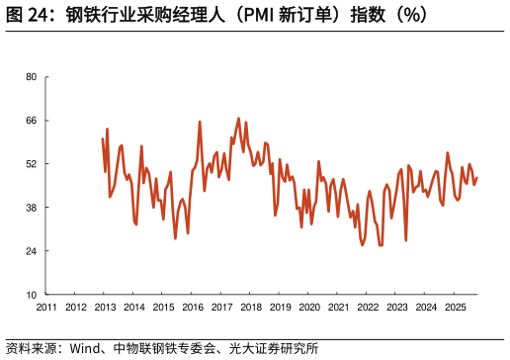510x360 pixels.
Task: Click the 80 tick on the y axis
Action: click(x=31, y=77)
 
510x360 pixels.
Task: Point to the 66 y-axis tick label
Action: click(x=31, y=121)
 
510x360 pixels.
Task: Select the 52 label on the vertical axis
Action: click(x=31, y=164)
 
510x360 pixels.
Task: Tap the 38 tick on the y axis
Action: click(x=31, y=208)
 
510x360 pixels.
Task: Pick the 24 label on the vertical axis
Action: click(x=31, y=251)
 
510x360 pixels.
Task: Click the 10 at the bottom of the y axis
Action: click(x=31, y=295)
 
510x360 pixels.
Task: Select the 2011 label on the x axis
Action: click(x=46, y=307)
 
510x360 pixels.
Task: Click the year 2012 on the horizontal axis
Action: click(x=75, y=307)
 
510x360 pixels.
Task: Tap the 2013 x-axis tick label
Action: click(x=105, y=307)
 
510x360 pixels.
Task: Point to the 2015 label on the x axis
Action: click(x=163, y=307)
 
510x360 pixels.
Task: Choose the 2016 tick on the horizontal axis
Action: click(x=192, y=307)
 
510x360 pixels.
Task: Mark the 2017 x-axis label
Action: click(x=221, y=307)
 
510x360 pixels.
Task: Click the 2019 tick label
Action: click(x=280, y=307)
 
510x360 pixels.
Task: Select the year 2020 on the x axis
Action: click(x=308, y=307)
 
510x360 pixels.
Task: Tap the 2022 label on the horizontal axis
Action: click(x=367, y=307)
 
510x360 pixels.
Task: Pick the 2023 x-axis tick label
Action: click(x=396, y=307)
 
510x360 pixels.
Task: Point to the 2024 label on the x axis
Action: click(x=425, y=307)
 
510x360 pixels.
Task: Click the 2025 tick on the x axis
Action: click(x=455, y=307)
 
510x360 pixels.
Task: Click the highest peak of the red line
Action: click(x=238, y=119)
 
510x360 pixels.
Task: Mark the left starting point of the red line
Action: click(x=103, y=138)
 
